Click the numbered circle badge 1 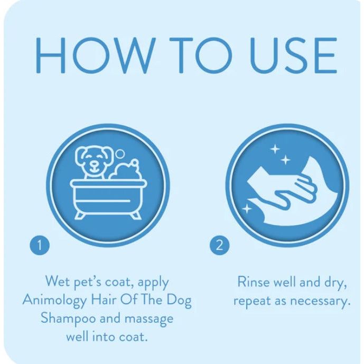coord(40,245)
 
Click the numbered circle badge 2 coord(219,245)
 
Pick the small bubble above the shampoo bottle coord(120,154)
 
